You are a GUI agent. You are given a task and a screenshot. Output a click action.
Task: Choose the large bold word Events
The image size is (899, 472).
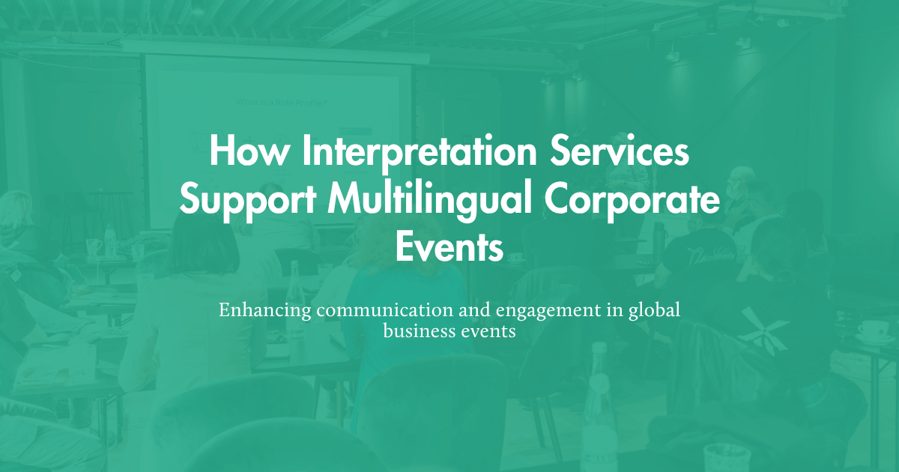(x=449, y=248)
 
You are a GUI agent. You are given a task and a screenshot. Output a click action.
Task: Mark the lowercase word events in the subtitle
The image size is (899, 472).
(x=489, y=331)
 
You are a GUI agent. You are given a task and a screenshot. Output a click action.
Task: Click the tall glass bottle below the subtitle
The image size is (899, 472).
(x=598, y=405)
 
